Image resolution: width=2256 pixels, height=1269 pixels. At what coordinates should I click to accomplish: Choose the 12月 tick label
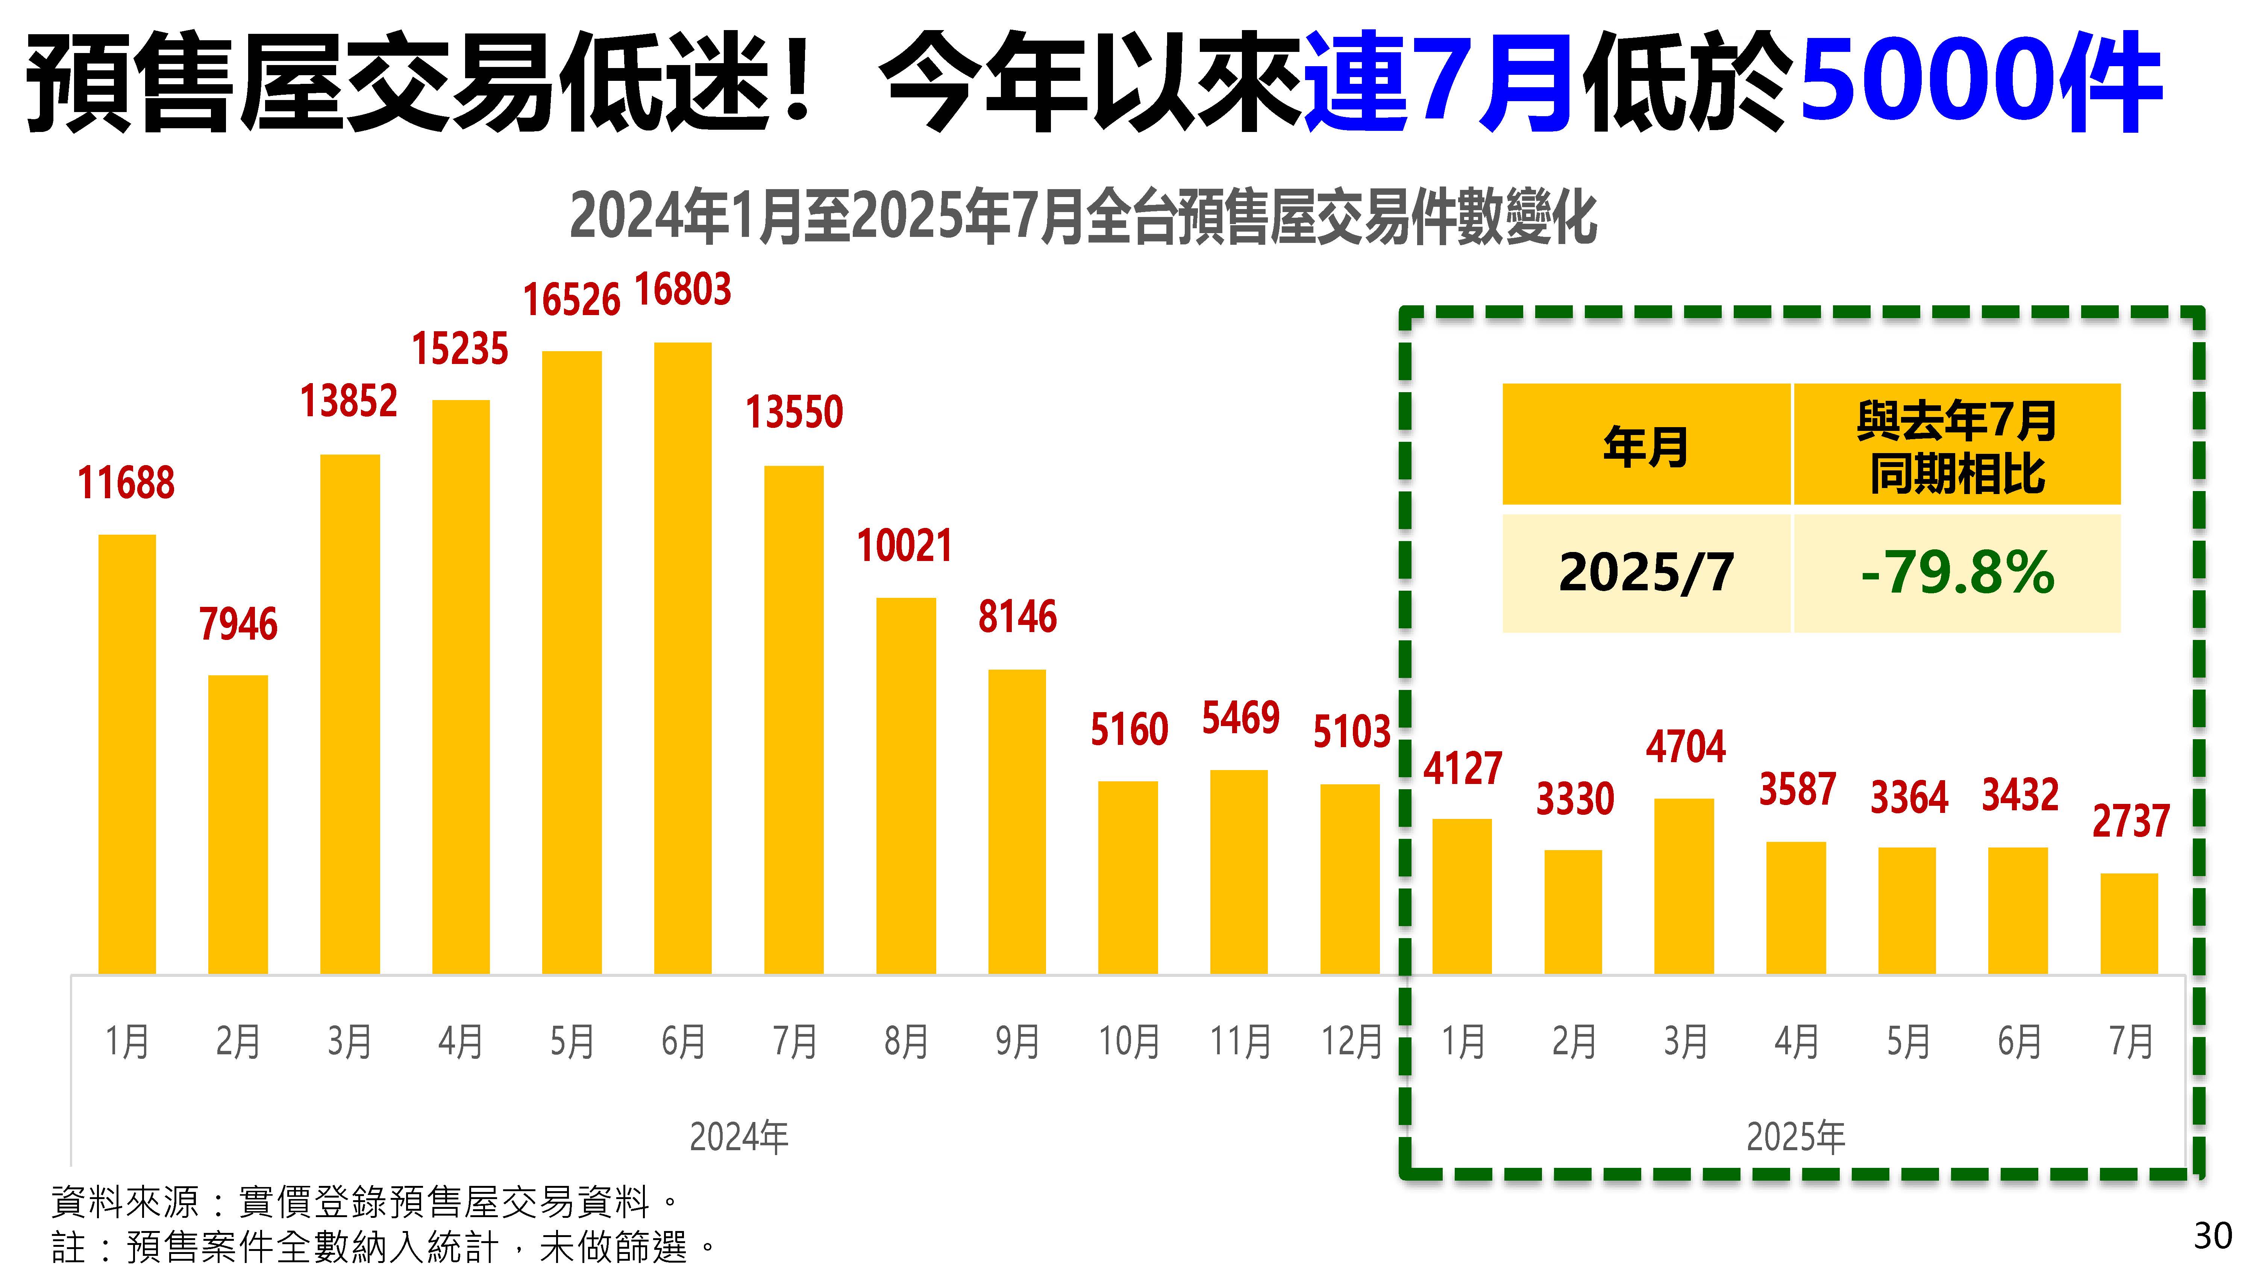point(1351,1041)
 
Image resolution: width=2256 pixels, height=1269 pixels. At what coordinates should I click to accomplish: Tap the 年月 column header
point(1646,445)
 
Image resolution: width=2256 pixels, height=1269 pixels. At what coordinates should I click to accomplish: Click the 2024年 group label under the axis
point(738,1137)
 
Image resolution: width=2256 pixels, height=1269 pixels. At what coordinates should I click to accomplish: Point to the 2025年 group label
point(1795,1137)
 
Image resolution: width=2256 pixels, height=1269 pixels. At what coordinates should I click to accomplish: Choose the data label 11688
point(126,482)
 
